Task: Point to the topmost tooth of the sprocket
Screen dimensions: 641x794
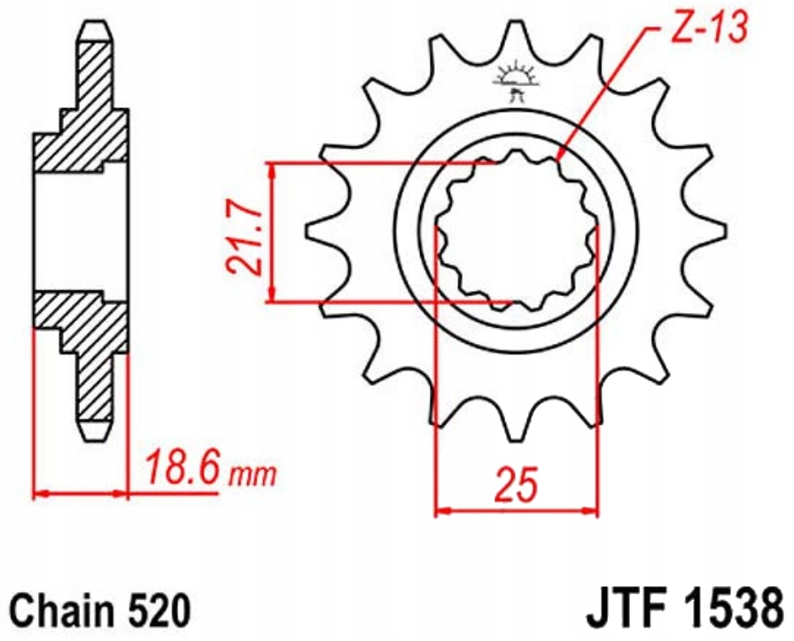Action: coord(516,35)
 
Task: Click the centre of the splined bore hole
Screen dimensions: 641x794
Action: coord(516,232)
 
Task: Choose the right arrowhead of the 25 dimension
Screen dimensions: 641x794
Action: coord(591,511)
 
